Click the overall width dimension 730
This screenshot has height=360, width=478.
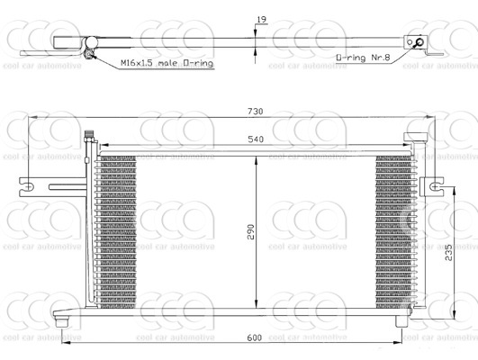(255, 112)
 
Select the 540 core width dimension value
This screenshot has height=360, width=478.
(255, 138)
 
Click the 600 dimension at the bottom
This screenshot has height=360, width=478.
(255, 337)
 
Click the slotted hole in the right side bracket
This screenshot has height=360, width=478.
(436, 186)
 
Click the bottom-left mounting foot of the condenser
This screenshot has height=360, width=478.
(62, 319)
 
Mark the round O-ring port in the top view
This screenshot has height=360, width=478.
(417, 42)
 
